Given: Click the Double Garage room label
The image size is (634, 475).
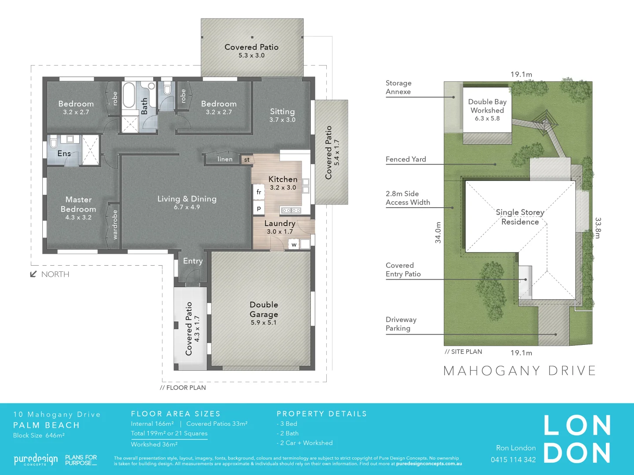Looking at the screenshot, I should pos(264,310).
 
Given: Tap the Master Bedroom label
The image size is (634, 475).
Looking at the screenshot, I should pos(78,205).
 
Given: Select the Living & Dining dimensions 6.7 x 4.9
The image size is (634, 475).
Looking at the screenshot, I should pos(187,207).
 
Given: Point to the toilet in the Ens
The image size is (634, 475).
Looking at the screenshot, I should pos(54,142).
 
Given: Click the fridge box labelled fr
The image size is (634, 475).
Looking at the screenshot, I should pos(259,192).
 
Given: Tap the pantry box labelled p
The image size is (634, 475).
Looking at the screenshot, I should pos(259,208).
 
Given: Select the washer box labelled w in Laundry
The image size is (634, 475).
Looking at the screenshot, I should pos(294,245).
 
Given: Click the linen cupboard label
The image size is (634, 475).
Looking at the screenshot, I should pos(225,159).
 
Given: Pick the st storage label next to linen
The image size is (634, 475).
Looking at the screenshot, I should pos(247,160).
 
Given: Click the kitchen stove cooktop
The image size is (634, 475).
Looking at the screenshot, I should pos(291,210).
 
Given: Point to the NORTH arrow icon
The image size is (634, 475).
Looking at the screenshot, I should pos(33,274).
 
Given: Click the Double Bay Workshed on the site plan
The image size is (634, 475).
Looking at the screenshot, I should pos(487,110).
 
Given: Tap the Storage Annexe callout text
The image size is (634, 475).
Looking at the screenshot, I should pos(398,87).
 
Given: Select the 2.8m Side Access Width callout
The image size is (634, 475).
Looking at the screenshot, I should pos(408,198).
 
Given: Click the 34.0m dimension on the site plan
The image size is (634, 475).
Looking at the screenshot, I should pos(438,233).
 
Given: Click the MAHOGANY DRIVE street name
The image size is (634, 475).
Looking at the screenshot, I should pos(520,371).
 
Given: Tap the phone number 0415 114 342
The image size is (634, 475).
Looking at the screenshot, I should pos(513,460).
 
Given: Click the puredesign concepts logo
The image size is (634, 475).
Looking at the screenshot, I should pos(36,460).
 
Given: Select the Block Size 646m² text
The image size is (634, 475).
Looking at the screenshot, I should pos(39,435).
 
